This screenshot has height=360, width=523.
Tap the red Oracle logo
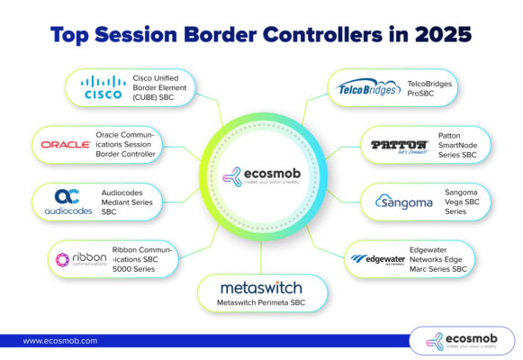click(66, 144)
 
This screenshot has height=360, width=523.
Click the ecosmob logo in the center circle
click(261, 175)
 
